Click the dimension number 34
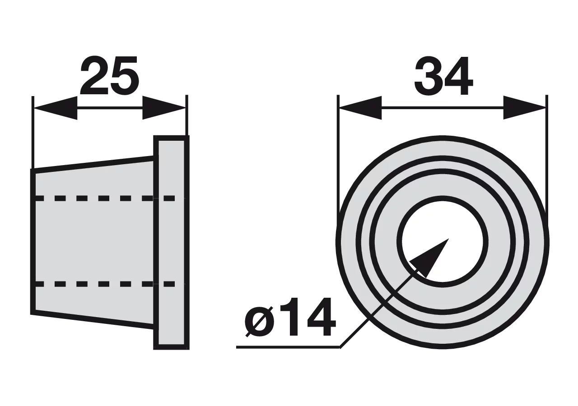(x=443, y=75)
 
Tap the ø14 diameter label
(x=290, y=317)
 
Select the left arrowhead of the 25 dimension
(x=56, y=108)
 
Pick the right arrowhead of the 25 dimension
(x=164, y=108)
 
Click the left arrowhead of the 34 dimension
(x=360, y=108)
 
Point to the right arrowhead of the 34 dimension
(x=525, y=108)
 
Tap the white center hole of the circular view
(x=442, y=242)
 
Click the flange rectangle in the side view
(x=171, y=242)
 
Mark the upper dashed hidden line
(x=104, y=198)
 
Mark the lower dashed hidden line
(x=104, y=284)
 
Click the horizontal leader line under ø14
(x=288, y=347)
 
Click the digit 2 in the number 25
(x=94, y=75)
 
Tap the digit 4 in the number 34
(x=459, y=75)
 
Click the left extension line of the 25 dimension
(x=33, y=133)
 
